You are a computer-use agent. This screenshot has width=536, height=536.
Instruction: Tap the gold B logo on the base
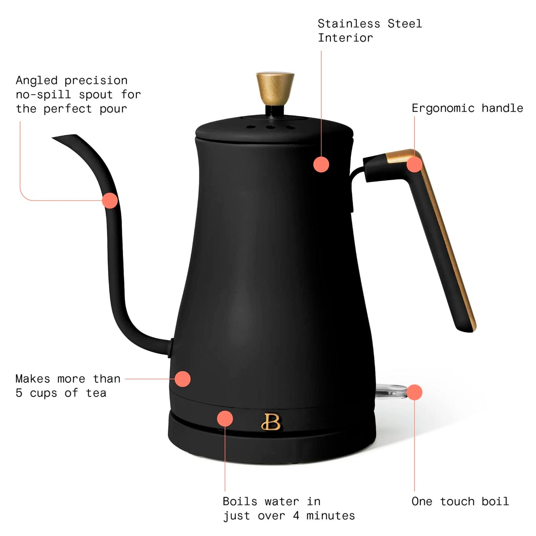pos(271,421)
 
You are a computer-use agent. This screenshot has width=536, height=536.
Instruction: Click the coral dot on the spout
pos(110,200)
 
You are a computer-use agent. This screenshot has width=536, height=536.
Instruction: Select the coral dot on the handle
pos(414,164)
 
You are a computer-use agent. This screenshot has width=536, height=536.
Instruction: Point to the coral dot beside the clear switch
pos(414,392)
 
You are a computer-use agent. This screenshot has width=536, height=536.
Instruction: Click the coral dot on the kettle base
pos(225,418)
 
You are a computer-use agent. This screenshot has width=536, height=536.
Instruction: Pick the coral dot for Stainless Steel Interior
pos(321,164)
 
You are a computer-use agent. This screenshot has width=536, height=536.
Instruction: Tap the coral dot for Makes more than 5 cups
pos(182,379)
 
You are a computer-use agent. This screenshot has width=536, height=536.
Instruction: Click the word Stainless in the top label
pos(349,24)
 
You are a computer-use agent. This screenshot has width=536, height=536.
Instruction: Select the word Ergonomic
pos(443,108)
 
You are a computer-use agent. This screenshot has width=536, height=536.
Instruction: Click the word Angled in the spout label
pos(37,80)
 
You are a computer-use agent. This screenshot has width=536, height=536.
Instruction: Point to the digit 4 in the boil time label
pos(296,516)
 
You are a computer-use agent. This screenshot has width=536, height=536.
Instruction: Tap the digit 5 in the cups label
pos(19,393)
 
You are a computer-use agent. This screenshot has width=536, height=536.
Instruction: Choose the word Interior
pos(345,38)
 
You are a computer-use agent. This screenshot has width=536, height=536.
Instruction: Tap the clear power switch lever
pos(391,391)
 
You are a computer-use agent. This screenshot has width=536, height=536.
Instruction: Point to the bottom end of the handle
pos(466,330)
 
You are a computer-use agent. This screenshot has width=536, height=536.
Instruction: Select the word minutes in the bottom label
pos(331,516)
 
